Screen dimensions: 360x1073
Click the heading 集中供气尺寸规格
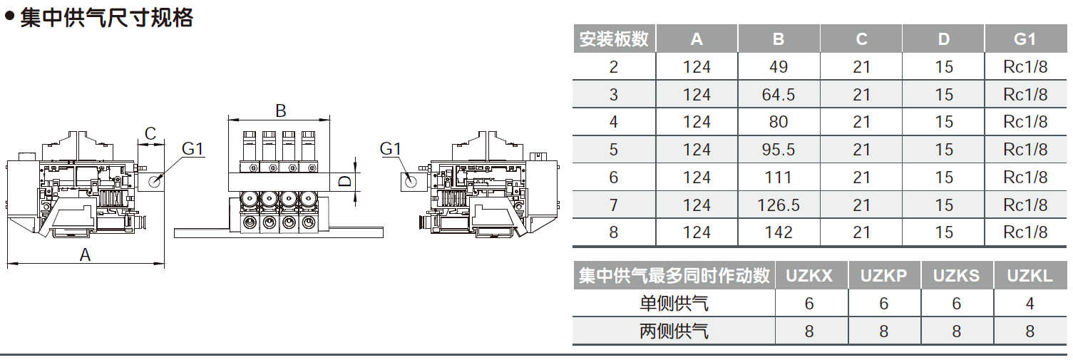106,17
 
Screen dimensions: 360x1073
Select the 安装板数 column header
614,39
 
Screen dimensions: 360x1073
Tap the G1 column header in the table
1025,39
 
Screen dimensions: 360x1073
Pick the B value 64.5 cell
779,95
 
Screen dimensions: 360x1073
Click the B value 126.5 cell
779,205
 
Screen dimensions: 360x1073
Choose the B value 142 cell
779,232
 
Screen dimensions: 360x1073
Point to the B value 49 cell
779,67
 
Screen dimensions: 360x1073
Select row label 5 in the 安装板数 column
614,150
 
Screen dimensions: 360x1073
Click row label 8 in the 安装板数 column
614,232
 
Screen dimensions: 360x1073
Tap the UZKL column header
1030,276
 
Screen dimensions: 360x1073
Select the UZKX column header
809,276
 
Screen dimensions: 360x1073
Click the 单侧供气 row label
674,304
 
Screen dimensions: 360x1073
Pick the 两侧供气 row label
674,331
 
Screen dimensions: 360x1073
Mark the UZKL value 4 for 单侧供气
1030,304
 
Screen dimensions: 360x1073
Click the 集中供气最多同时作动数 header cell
674,276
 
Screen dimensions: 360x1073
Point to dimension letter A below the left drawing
86,254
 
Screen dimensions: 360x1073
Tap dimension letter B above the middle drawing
280,110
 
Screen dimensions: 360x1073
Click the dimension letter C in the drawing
150,133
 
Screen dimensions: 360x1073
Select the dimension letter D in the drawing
344,181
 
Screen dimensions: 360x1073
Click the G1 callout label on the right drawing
391,149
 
